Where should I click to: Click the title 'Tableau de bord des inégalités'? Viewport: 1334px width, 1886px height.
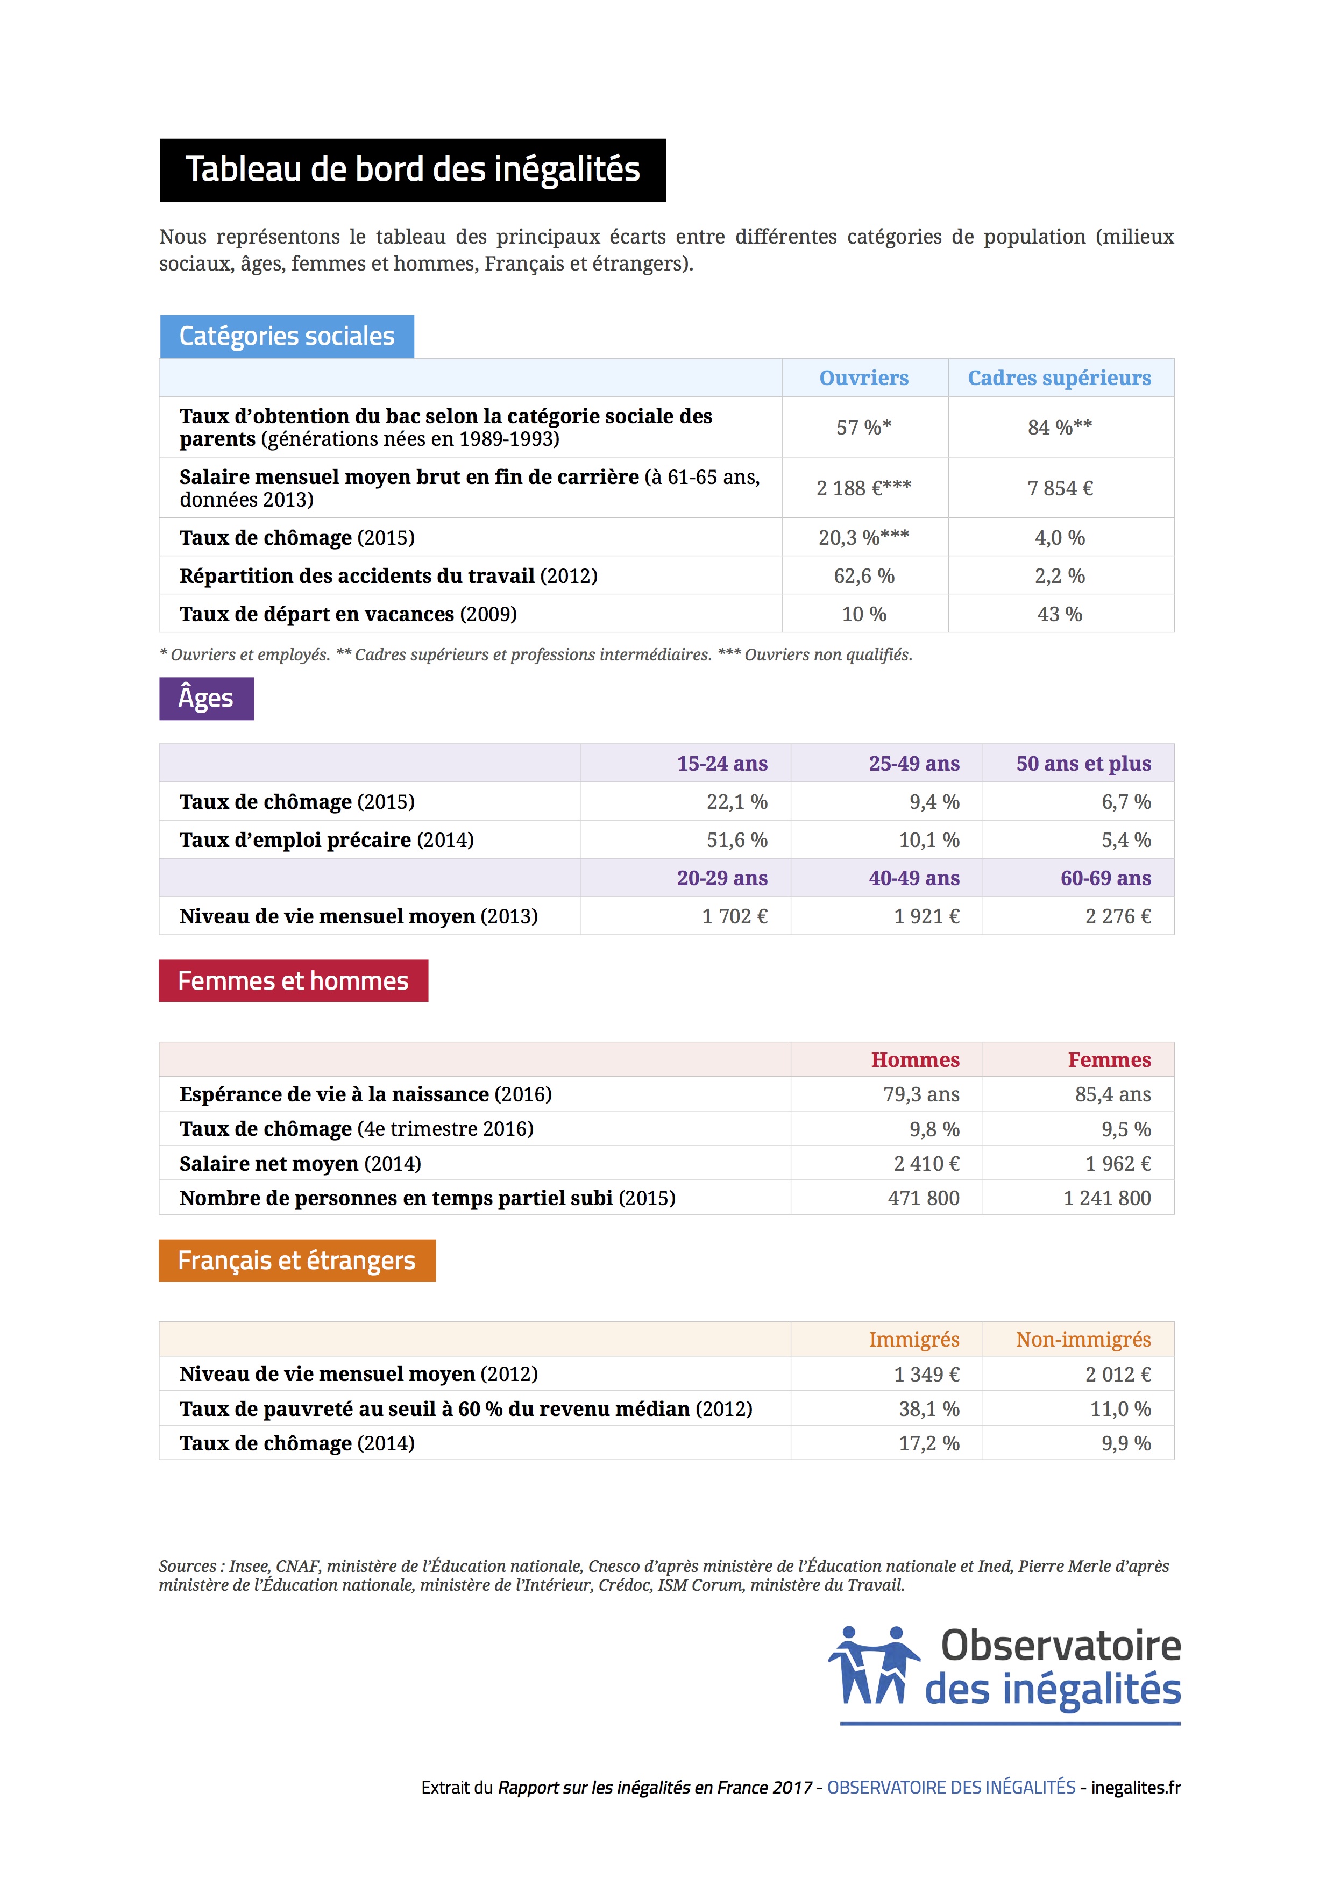click(413, 170)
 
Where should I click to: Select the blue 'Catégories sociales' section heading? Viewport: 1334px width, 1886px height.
click(287, 336)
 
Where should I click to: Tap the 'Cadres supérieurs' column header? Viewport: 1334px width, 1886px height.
click(1059, 378)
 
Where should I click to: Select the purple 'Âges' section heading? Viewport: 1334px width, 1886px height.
click(206, 698)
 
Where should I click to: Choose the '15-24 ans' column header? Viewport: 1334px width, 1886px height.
click(722, 763)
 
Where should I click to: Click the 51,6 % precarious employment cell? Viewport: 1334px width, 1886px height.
click(737, 839)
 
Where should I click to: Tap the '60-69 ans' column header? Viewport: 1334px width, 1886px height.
click(1105, 878)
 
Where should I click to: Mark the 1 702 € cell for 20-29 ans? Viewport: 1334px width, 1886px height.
click(734, 916)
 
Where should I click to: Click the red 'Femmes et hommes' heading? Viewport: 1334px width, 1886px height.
click(293, 981)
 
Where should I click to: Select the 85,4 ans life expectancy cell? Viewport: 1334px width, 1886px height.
click(1112, 1094)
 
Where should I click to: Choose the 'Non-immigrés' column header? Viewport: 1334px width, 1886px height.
click(1083, 1339)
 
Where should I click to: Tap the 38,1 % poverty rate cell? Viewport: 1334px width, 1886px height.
click(928, 1409)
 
